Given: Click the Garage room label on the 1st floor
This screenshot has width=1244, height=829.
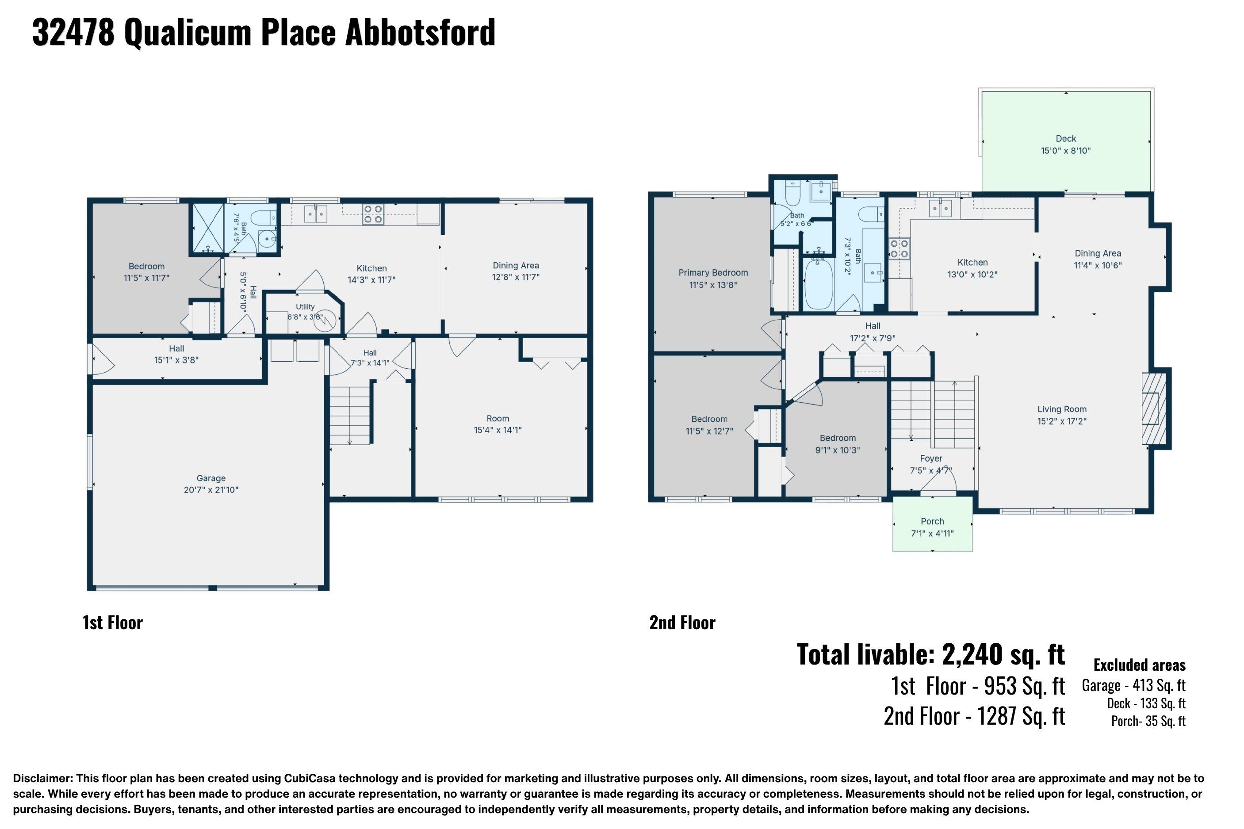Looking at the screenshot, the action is (211, 478).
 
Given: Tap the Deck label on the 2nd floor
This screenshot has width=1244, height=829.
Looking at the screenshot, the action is (1065, 138).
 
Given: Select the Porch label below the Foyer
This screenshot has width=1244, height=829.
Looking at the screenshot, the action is (932, 521).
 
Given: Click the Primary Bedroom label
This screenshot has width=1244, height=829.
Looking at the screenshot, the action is (713, 273).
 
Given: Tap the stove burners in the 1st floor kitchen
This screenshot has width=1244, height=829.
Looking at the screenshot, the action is (372, 214).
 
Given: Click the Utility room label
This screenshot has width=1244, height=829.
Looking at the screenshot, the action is (305, 307).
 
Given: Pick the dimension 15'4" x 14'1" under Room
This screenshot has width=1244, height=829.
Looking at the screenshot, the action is (498, 430).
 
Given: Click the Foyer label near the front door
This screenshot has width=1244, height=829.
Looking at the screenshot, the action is (931, 458).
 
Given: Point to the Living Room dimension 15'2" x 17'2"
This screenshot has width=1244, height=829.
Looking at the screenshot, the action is (1062, 421).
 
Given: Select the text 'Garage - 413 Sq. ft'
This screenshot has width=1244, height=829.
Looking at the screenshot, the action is (1133, 685).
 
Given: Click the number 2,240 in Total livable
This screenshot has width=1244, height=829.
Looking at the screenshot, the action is (972, 654).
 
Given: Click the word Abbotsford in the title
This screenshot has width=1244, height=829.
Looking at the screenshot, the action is (420, 32).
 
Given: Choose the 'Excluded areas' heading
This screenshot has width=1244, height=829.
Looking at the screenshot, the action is (1139, 665).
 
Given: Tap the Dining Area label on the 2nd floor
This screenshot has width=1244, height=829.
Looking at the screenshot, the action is (1098, 253).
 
